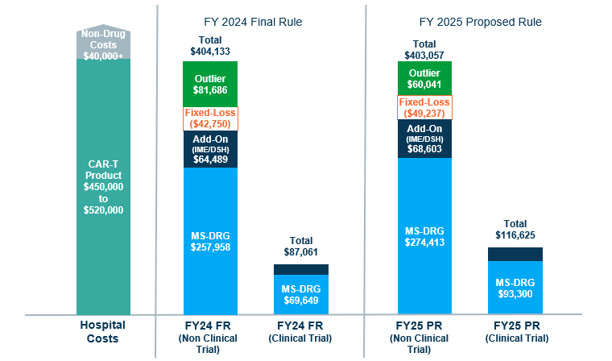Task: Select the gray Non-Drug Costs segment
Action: tap(103, 41)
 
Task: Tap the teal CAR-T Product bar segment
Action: tap(103, 186)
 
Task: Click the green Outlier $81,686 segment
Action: tap(210, 84)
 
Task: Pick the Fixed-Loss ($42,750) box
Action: tap(210, 118)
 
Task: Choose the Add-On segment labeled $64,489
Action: tap(210, 149)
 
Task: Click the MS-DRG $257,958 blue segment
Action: tap(210, 240)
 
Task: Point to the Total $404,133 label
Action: tap(210, 46)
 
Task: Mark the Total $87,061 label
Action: tap(301, 247)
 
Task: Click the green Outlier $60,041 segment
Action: tap(424, 78)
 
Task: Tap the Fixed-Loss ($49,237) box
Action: tap(424, 108)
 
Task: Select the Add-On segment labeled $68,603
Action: tap(424, 139)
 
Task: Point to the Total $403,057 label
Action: tap(424, 50)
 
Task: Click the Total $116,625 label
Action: tap(515, 229)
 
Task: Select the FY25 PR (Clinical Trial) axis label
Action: tap(515, 332)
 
